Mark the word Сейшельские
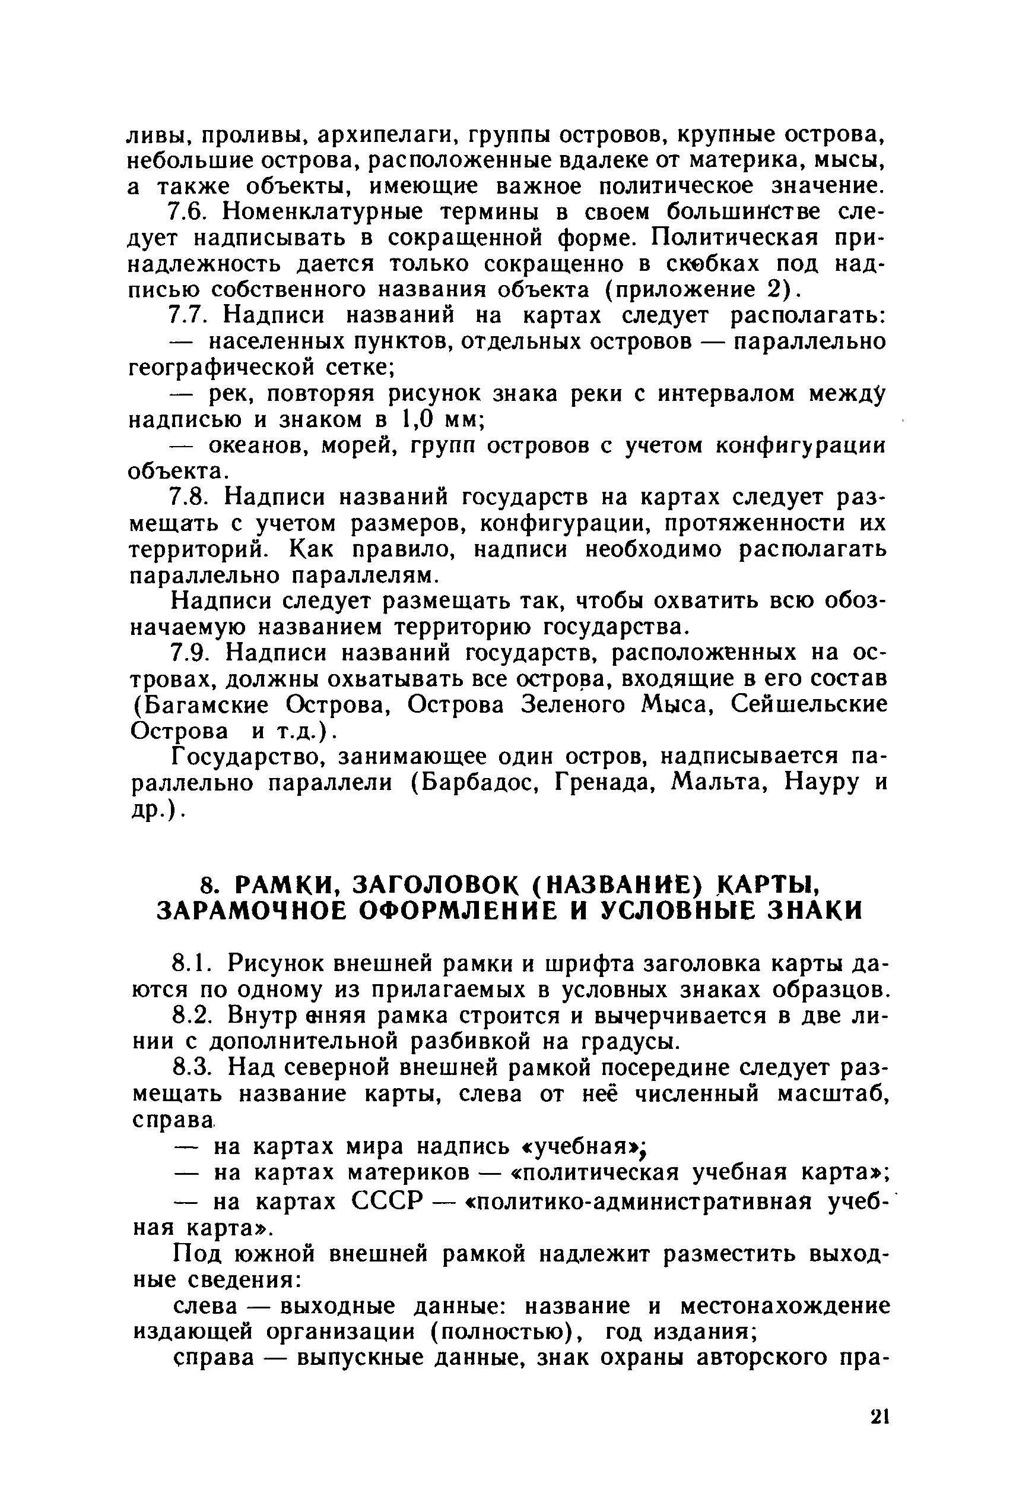(809, 705)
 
